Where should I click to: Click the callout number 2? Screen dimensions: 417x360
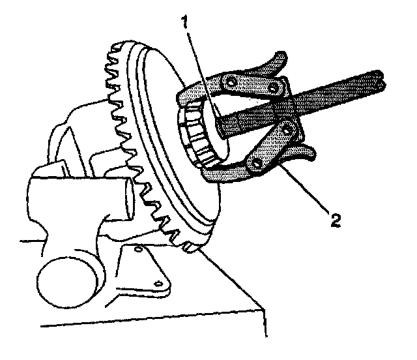tap(334, 220)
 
